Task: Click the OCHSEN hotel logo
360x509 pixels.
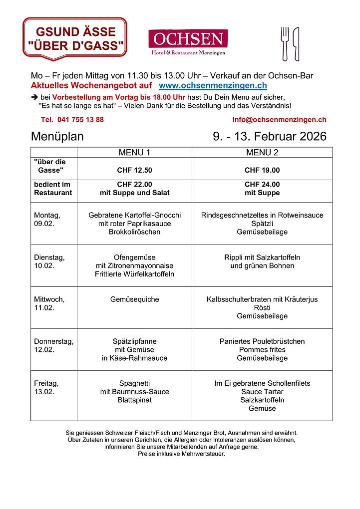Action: pos(188,42)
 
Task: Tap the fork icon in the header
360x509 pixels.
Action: pos(285,43)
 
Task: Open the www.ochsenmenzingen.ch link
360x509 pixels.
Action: pos(213,86)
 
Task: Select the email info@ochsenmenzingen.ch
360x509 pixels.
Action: pos(279,120)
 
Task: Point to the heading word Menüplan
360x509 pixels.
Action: pos(57,136)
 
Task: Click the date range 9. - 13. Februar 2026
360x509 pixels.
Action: pos(270,136)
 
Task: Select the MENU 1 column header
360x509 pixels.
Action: pos(134,152)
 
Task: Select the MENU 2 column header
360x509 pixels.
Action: pos(262,152)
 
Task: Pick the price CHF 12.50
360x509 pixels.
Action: pos(134,170)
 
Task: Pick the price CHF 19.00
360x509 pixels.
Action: pos(262,170)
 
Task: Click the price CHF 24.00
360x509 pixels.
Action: pos(262,184)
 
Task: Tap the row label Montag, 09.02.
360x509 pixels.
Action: pos(47,220)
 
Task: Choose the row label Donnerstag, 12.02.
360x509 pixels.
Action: pos(53,346)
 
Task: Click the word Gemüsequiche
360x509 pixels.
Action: pos(134,299)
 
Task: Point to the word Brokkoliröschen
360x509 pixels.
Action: pos(134,232)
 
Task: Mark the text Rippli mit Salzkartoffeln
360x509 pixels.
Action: pos(262,257)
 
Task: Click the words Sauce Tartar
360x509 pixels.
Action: pos(262,392)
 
